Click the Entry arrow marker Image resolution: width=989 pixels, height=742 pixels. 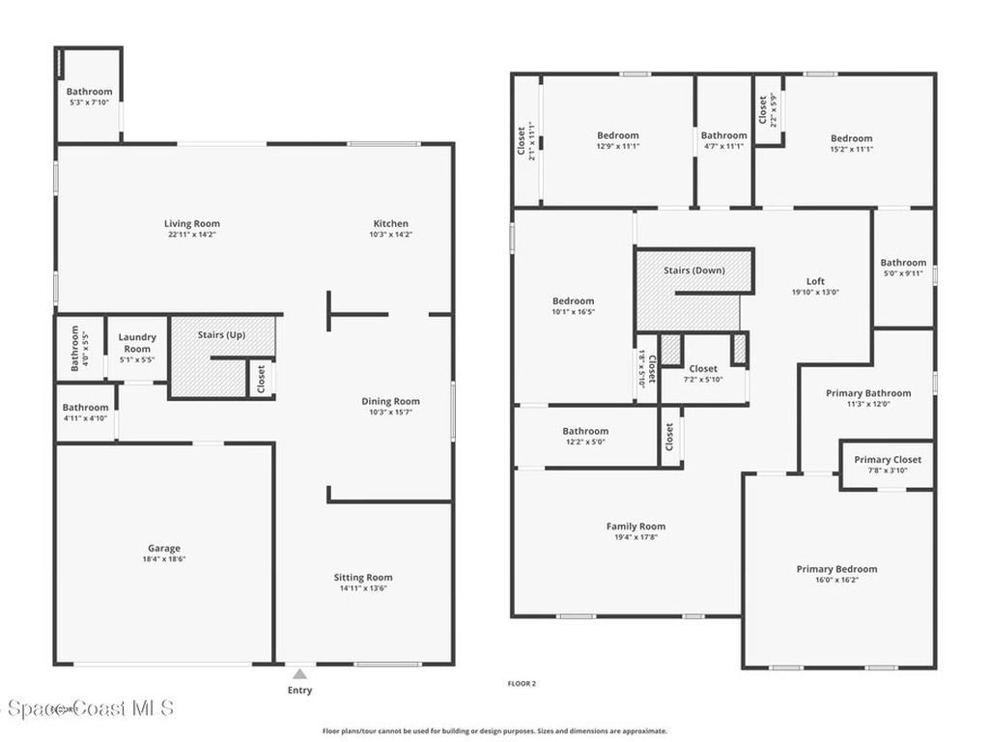click(300, 674)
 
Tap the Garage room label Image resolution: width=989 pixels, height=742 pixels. click(163, 548)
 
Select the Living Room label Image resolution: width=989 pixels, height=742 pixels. click(191, 223)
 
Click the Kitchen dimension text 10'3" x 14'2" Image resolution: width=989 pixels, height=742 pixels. click(390, 235)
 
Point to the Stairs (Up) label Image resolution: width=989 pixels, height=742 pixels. click(221, 334)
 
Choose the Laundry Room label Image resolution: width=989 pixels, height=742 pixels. click(137, 343)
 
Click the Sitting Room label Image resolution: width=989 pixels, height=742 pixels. click(363, 577)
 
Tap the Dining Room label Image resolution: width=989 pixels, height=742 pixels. click(390, 401)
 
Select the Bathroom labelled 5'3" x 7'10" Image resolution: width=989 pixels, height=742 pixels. click(89, 92)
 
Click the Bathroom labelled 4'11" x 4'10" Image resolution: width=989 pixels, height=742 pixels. click(85, 408)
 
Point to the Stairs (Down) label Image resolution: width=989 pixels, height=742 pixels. click(693, 271)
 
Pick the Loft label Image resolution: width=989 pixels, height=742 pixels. click(815, 281)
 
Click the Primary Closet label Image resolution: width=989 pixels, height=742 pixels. click(888, 460)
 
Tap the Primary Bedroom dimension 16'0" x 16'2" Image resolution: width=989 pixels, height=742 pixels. click(836, 581)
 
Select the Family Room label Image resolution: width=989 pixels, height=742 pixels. click(636, 527)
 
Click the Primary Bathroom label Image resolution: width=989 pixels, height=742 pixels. click(867, 393)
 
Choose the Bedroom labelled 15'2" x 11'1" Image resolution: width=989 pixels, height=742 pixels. click(851, 138)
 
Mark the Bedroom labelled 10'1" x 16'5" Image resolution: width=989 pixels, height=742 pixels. click(573, 300)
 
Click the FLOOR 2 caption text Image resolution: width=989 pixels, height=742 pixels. click(522, 684)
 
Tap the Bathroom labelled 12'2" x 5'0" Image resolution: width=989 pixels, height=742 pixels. click(585, 431)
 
